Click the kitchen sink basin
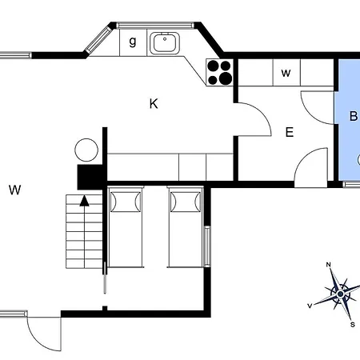pyautogui.click(x=165, y=43)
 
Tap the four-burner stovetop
pyautogui.click(x=219, y=72)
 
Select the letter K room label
pyautogui.click(x=154, y=104)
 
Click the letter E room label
pyautogui.click(x=290, y=132)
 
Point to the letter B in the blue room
pyautogui.click(x=354, y=116)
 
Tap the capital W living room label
pyautogui.click(x=14, y=190)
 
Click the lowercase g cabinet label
pyautogui.click(x=133, y=42)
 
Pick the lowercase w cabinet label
pyautogui.click(x=286, y=73)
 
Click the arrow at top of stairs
pyautogui.click(x=84, y=201)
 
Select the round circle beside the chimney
pyautogui.click(x=86, y=150)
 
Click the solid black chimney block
pyautogui.click(x=90, y=177)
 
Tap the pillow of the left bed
pyautogui.click(x=126, y=202)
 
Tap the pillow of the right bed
pyautogui.click(x=186, y=202)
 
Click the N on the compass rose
pyautogui.click(x=329, y=265)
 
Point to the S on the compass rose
pyautogui.click(x=353, y=325)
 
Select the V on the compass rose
pyautogui.click(x=310, y=306)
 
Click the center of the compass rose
pyautogui.click(x=340, y=294)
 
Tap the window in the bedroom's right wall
pyautogui.click(x=207, y=246)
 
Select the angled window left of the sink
pyautogui.click(x=98, y=39)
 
